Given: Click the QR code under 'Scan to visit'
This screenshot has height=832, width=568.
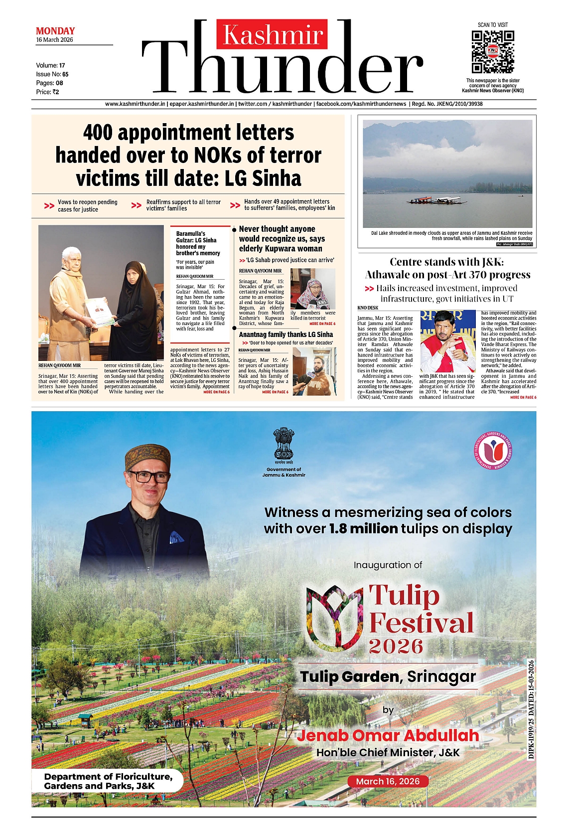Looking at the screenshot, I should coord(492,52).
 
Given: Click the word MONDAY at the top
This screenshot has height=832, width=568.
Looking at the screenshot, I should coord(55,31).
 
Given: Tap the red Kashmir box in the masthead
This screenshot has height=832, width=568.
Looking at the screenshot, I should coord(272,34).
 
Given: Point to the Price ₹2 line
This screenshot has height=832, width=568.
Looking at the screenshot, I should coord(47,92).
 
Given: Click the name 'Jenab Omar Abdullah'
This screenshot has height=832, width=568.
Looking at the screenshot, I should coord(388,735).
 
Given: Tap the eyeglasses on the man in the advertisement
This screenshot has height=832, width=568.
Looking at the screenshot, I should coord(148,476).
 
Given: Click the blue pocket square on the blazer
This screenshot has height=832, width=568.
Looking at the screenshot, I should coord(176,537).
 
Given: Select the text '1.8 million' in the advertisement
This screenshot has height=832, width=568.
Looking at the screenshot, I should coord(363,528).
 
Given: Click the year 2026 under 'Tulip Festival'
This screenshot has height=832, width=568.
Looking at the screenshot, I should coord(396,646).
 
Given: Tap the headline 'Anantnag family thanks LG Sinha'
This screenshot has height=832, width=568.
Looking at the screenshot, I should coord(285,334).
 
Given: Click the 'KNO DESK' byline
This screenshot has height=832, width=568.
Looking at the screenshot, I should coord(368,308).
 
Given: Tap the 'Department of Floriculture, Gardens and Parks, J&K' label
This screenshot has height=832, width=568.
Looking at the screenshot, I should coord(108,781).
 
